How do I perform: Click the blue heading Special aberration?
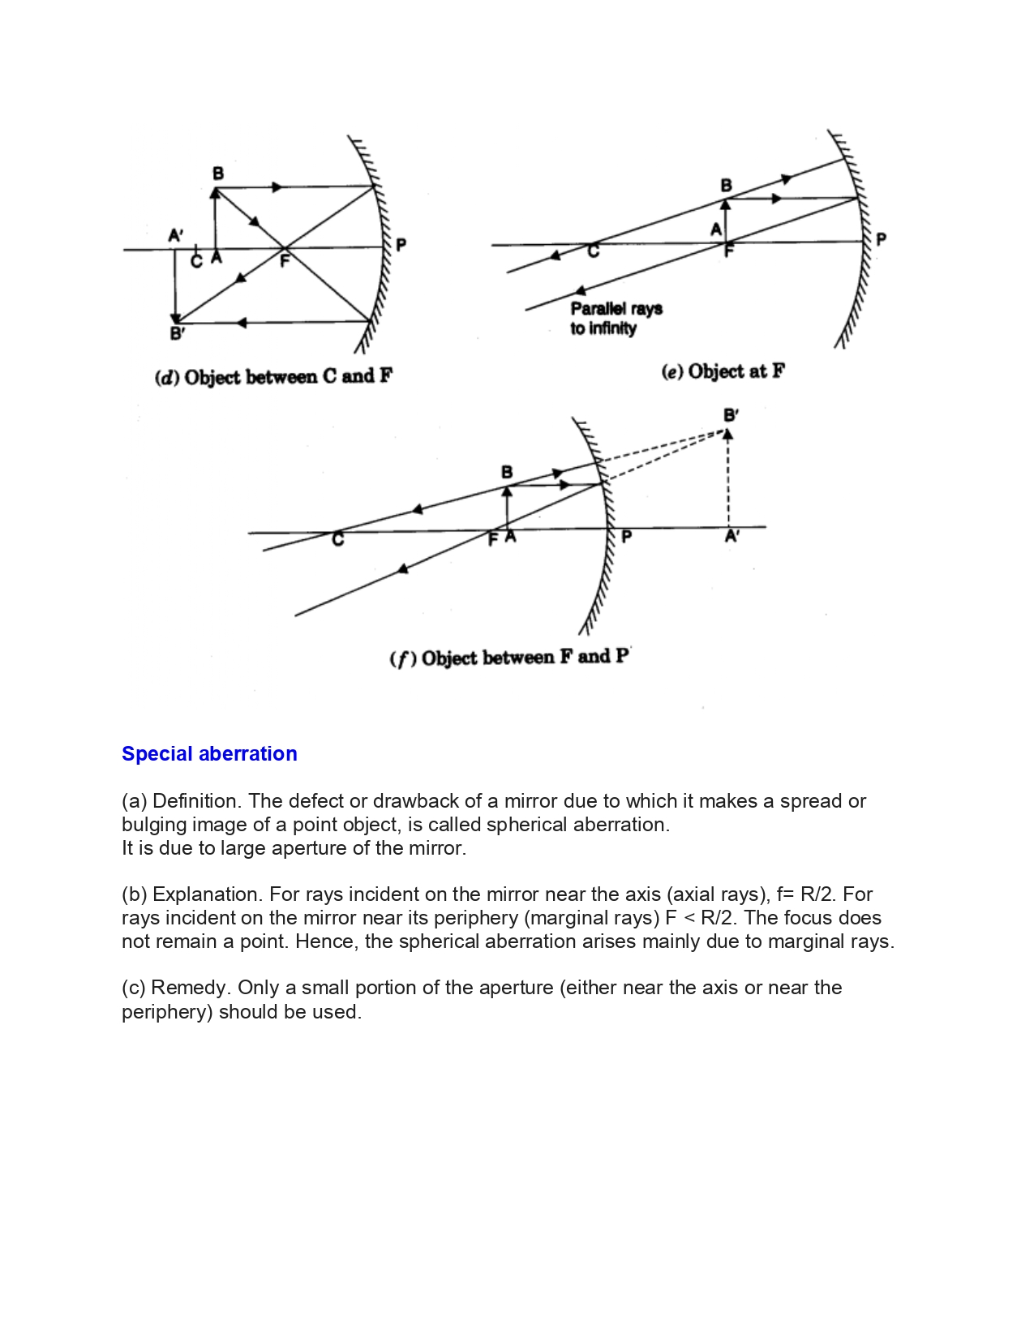coord(209,754)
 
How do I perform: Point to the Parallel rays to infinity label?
coord(616,318)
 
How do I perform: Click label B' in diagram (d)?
coord(178,333)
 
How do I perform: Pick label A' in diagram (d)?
coord(176,235)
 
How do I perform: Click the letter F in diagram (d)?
coord(285,261)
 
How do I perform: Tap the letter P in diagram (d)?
coord(401,244)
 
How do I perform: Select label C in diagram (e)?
coord(594,252)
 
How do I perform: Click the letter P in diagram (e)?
coord(882,238)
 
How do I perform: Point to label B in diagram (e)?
coord(727,186)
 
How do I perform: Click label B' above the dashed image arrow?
coord(731,415)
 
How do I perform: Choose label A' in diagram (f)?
coord(732,536)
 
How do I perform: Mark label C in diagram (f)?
coord(338,539)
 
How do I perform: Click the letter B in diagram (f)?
coord(507,472)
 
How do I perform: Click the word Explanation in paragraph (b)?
coord(207,894)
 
